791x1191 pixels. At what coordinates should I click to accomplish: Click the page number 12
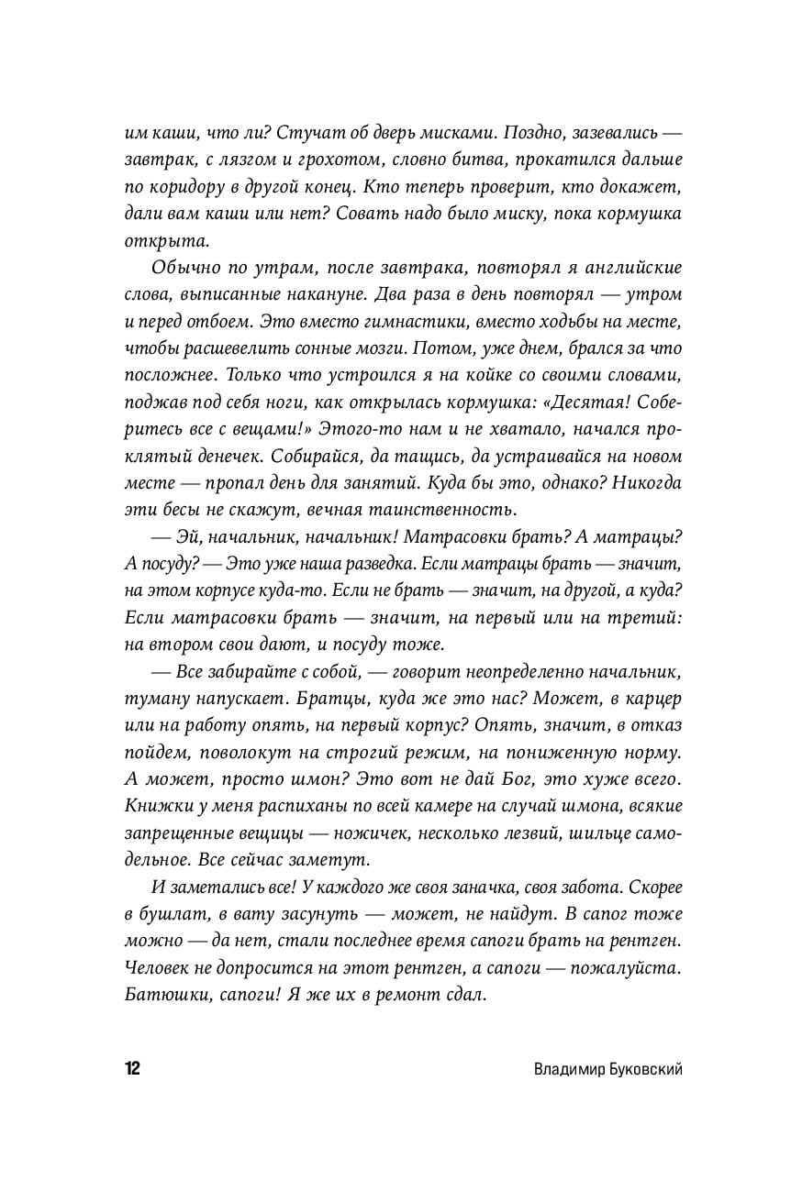[132, 1068]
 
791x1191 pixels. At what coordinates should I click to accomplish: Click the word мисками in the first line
[444, 131]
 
